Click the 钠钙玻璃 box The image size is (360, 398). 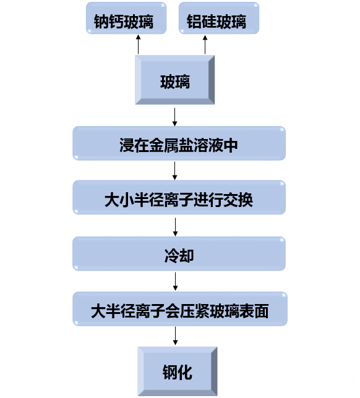(126, 18)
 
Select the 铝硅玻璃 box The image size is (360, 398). (219, 18)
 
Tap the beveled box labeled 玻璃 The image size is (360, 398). (175, 80)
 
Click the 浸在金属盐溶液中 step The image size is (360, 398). (179, 143)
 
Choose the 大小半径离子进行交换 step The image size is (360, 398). (179, 198)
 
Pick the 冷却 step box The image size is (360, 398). (179, 253)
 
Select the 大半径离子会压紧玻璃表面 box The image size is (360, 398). (180, 309)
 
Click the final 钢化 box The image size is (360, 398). (178, 371)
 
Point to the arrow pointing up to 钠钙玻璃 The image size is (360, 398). (138, 44)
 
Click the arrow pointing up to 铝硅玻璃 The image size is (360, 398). (205, 44)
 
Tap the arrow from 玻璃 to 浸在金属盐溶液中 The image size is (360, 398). (174, 117)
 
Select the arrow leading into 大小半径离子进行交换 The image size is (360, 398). (174, 171)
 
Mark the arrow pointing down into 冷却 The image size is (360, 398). (175, 227)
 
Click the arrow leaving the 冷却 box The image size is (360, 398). (175, 281)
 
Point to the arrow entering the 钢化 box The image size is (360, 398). (175, 336)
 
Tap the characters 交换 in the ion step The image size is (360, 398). (238, 200)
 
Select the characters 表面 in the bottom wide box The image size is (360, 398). (254, 311)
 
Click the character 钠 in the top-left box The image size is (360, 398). (101, 22)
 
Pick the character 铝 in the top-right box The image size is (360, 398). (194, 22)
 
